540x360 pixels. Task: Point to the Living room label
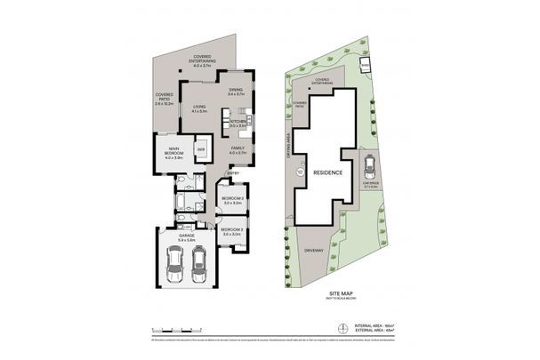pos(199,109)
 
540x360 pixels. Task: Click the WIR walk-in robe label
pos(201,149)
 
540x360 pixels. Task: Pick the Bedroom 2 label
pos(233,201)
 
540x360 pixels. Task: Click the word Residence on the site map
pos(325,173)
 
